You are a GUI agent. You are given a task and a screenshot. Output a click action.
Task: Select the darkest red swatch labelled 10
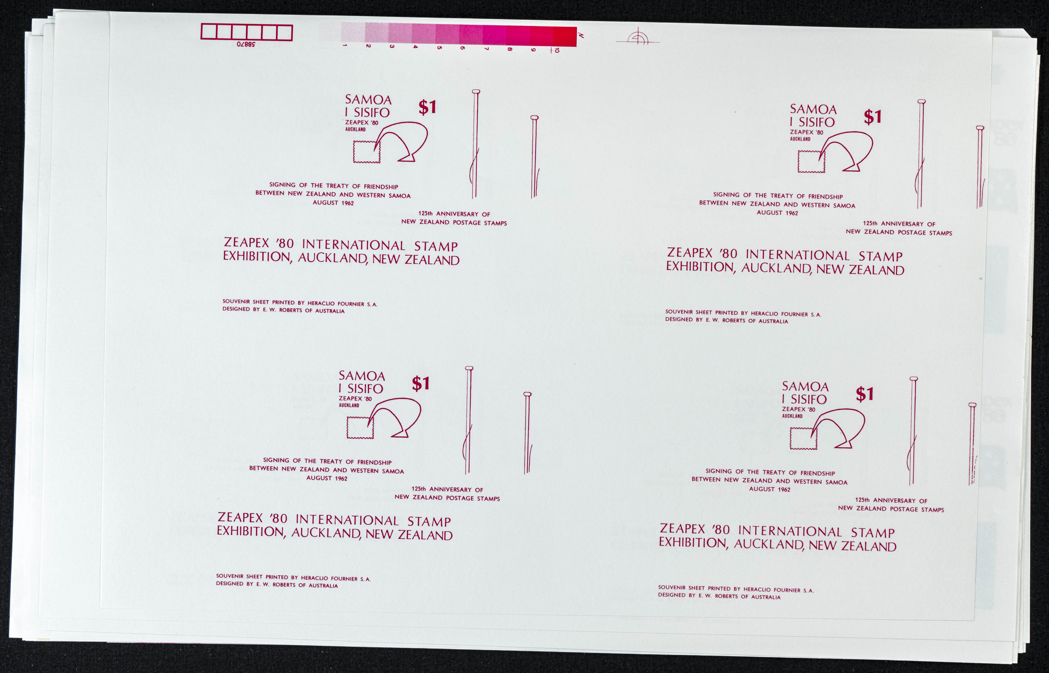[x=565, y=36]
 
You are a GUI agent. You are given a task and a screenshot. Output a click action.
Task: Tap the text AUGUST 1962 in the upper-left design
[x=333, y=203]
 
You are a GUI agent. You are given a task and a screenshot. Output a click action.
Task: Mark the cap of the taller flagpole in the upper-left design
[x=476, y=92]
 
